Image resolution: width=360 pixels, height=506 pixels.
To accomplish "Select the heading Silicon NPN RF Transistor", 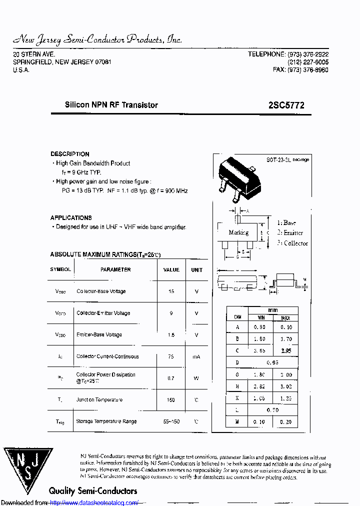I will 111,105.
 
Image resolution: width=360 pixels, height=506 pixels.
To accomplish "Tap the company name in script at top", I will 97,39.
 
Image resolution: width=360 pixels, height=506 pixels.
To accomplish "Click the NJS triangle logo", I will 28,470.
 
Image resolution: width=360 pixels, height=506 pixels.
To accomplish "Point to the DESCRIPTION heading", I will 70,154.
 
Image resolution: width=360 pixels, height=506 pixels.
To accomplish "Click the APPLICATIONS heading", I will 71,218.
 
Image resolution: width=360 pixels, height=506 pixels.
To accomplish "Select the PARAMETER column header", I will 115,269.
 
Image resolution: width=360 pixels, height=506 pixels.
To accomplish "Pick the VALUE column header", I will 171,269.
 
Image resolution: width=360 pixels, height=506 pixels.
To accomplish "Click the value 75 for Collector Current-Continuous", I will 171,356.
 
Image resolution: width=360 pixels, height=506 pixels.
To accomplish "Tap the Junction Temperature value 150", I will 171,400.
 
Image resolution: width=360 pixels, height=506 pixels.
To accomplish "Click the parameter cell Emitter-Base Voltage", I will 99,335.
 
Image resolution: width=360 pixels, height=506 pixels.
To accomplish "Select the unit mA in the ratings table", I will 196,356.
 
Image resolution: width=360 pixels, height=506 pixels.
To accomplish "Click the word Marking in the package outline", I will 238,232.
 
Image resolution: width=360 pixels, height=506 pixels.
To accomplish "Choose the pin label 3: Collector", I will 292,243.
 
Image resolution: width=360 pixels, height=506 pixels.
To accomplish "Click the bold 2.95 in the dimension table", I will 285,351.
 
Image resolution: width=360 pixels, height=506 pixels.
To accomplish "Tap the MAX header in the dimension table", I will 285,318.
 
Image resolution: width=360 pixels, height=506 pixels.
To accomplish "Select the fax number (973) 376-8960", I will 307,70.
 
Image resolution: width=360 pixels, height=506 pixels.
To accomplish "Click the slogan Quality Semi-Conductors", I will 93,490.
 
